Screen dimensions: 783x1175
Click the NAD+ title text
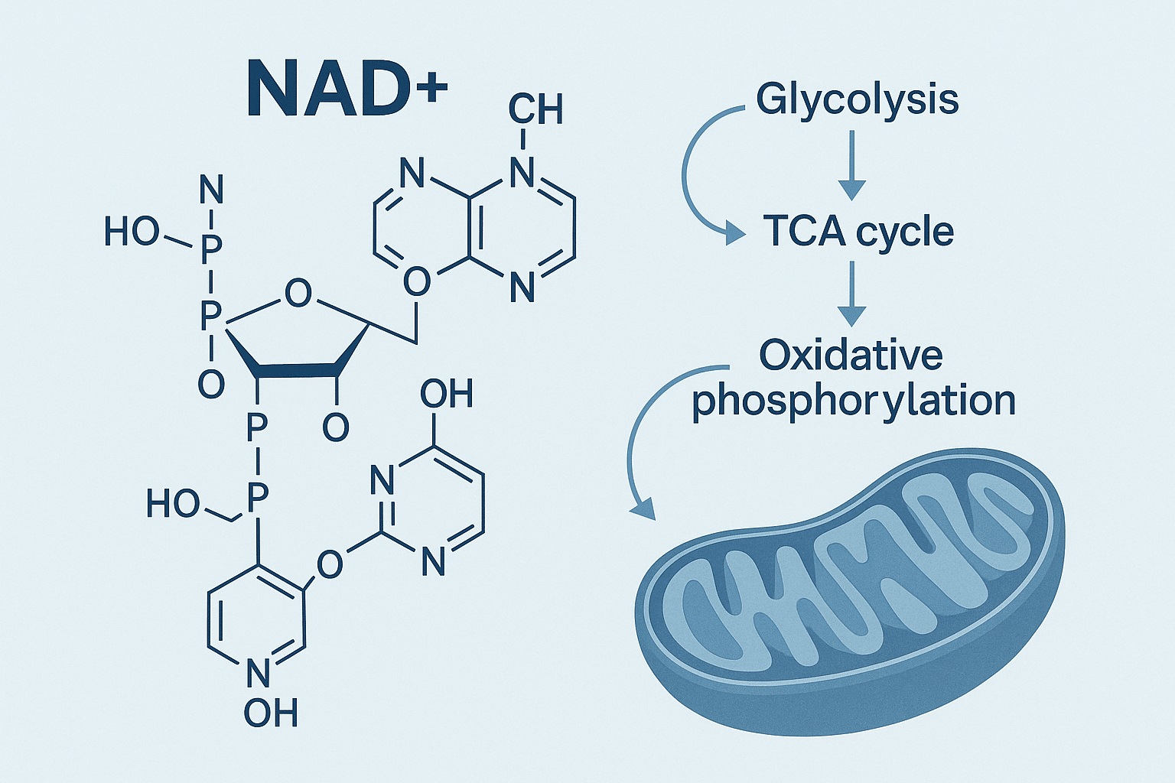[346, 89]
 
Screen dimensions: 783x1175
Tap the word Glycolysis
[857, 99]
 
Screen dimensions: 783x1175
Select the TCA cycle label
[858, 231]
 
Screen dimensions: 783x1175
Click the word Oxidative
[851, 355]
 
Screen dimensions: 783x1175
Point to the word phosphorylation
[853, 401]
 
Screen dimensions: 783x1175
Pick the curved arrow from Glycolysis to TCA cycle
[692, 172]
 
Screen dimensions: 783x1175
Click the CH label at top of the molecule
[535, 109]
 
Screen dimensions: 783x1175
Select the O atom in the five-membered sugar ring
[298, 293]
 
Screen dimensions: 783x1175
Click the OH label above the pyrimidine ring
[446, 395]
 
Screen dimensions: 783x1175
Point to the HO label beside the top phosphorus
[132, 232]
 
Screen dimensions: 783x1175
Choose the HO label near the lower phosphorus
[173, 505]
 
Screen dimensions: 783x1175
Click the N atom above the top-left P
[211, 190]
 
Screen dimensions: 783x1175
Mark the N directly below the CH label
[522, 173]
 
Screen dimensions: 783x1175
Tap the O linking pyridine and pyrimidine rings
[329, 565]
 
